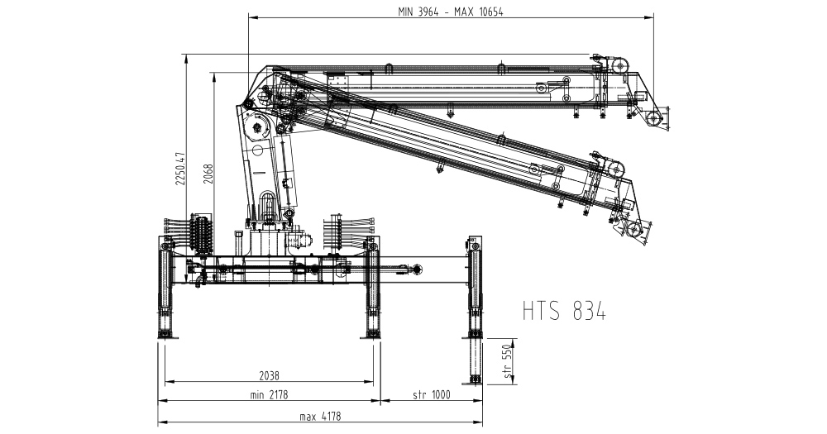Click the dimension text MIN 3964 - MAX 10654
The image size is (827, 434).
pyautogui.click(x=450, y=12)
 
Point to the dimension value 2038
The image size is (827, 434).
pyautogui.click(x=269, y=375)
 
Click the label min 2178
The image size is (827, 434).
pyautogui.click(x=269, y=394)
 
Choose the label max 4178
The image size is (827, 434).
pyautogui.click(x=321, y=417)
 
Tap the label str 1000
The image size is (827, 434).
pyautogui.click(x=432, y=394)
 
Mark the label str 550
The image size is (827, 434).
pyautogui.click(x=508, y=361)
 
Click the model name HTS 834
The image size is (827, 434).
pyautogui.click(x=564, y=311)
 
